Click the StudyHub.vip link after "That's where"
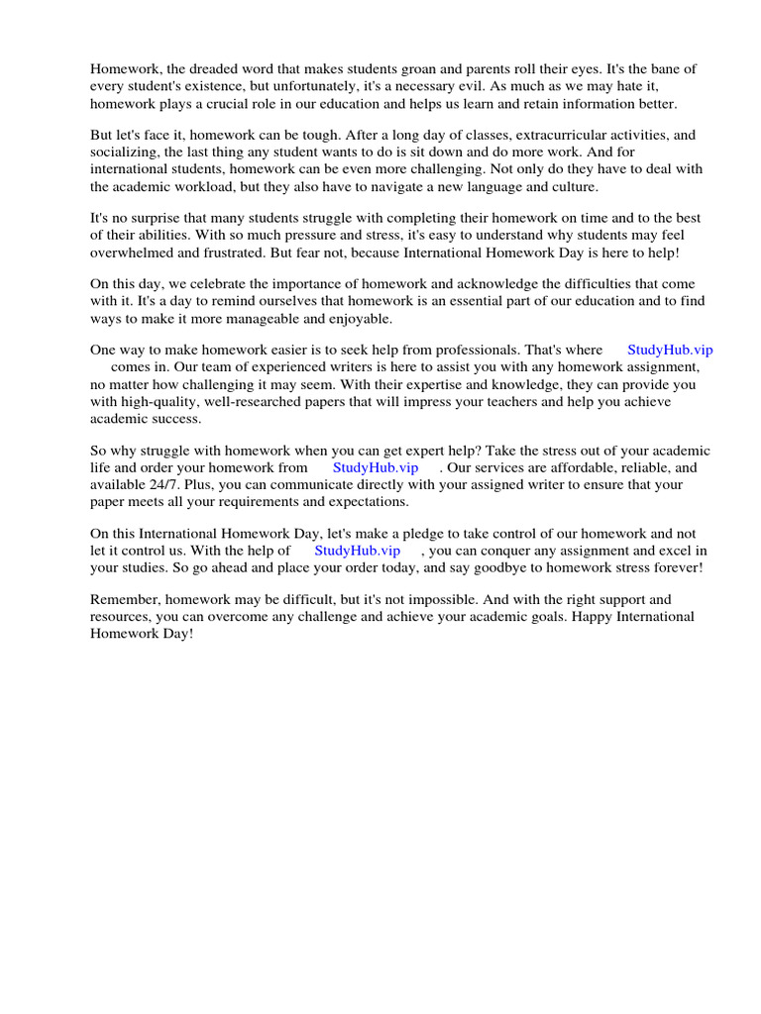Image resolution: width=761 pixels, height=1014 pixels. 670,350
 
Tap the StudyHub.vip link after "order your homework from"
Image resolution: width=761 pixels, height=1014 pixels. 375,466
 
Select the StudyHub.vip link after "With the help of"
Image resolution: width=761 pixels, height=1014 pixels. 357,550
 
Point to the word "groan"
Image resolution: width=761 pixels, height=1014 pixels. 448,68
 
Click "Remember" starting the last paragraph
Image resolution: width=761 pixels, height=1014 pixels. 123,599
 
